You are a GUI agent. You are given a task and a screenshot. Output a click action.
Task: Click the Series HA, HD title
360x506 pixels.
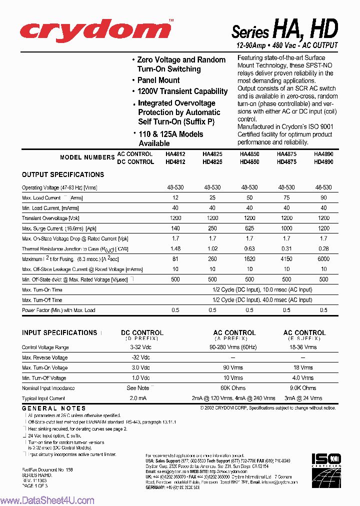tap(284, 30)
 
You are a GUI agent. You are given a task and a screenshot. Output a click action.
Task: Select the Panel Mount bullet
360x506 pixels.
tap(158, 80)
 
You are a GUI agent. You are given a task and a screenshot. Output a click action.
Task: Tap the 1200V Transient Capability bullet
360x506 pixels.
tap(182, 91)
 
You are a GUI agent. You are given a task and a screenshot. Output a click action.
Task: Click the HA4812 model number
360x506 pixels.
tap(175, 154)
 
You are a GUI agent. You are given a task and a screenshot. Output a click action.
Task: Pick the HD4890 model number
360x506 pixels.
tap(323, 162)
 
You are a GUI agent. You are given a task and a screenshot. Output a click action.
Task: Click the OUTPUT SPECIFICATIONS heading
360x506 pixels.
tap(63, 175)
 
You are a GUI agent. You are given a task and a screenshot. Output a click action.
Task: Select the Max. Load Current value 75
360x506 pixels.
tap(286, 198)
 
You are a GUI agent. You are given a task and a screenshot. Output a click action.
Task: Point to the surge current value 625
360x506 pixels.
tap(249, 228)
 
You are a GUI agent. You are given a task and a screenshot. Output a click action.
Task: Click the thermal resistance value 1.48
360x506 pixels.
tap(175, 249)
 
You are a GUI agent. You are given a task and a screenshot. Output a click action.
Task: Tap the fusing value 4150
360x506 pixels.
tap(286, 259)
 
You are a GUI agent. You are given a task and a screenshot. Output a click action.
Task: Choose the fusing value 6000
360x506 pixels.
tap(323, 259)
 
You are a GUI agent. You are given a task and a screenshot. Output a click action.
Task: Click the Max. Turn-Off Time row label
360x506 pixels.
tap(42, 300)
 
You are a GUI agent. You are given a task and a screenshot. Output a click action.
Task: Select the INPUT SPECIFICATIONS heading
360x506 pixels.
tap(59, 333)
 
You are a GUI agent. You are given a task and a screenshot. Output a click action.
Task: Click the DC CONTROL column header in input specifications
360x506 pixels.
tap(142, 333)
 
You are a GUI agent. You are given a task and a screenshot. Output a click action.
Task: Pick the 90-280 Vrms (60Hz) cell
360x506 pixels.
tap(234, 347)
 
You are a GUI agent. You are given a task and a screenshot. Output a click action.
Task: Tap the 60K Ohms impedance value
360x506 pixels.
tap(234, 388)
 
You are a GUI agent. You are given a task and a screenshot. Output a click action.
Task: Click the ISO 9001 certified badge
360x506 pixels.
tap(326, 465)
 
